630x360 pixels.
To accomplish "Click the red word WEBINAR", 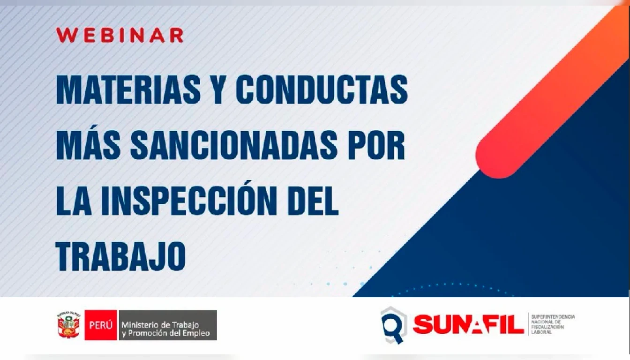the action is pyautogui.click(x=120, y=35).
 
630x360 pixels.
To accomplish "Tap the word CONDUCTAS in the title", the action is pyautogui.click(x=322, y=90).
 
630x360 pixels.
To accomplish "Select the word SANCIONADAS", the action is pyautogui.click(x=233, y=145).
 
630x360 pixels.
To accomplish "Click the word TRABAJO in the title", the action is pyautogui.click(x=121, y=256).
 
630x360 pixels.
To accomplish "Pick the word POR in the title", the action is pyautogui.click(x=376, y=145).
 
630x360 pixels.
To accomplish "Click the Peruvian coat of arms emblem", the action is pyautogui.click(x=69, y=325).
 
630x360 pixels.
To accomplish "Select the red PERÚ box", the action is pyautogui.click(x=101, y=325).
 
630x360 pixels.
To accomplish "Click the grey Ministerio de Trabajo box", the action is pyautogui.click(x=168, y=325).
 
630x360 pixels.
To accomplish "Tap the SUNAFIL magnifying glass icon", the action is pyautogui.click(x=394, y=325).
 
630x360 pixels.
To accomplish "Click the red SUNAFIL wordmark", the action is pyautogui.click(x=468, y=325).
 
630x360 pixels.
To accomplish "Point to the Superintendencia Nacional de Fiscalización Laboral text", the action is pyautogui.click(x=553, y=324).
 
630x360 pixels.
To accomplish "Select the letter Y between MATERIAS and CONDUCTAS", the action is pyautogui.click(x=218, y=90).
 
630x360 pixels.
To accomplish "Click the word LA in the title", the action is pyautogui.click(x=74, y=201).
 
